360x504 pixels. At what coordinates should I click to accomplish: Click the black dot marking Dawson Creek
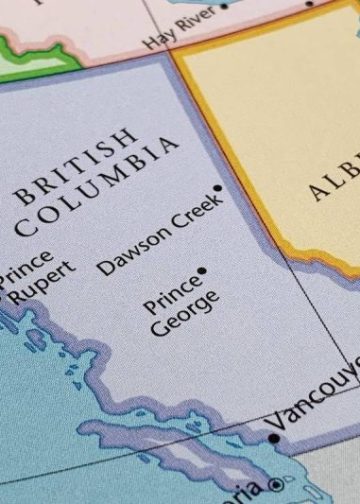(x=217, y=188)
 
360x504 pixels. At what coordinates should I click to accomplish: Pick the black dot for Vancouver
(x=274, y=437)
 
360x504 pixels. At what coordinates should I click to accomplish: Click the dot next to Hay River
(x=223, y=5)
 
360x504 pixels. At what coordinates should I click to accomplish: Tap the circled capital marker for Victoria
(x=275, y=485)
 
